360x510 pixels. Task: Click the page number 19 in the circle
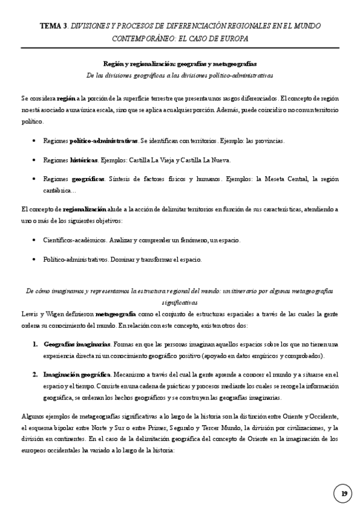tap(344, 494)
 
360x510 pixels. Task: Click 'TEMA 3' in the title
tap(53, 26)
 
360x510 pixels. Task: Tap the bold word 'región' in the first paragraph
tap(66, 99)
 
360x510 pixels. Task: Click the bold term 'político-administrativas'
tap(103, 141)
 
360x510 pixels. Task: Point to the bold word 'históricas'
tap(84, 160)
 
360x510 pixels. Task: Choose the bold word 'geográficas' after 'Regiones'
tap(88, 179)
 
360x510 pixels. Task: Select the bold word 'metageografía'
tap(115, 314)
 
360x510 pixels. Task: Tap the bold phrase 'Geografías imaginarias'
tap(76, 344)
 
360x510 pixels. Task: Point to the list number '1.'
tap(35, 344)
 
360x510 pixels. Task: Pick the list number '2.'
tap(35, 374)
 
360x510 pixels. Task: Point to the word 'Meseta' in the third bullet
tap(275, 179)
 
